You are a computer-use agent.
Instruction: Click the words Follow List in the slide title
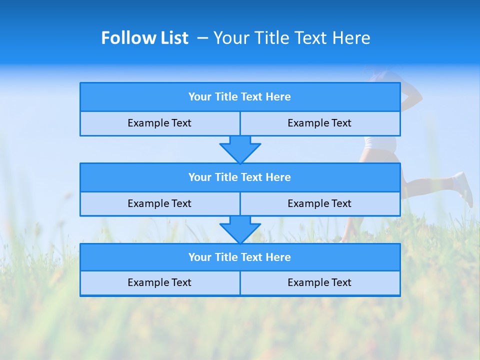click(144, 38)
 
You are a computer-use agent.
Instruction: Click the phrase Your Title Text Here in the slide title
click(291, 38)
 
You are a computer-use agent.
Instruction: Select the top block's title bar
click(240, 97)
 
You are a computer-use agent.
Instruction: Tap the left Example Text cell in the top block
click(159, 123)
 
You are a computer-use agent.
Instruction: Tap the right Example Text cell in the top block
click(319, 123)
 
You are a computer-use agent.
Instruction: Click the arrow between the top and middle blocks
click(240, 149)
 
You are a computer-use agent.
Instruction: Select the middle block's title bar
click(240, 177)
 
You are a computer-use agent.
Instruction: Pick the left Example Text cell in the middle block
click(159, 204)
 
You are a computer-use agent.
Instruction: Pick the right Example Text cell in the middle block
click(319, 204)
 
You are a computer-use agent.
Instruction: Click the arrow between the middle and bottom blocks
click(240, 229)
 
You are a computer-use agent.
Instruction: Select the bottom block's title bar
click(240, 257)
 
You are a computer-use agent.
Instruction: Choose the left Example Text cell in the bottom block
click(159, 283)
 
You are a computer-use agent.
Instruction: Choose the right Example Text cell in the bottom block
click(319, 283)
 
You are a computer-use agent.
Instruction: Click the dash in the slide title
click(203, 38)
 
